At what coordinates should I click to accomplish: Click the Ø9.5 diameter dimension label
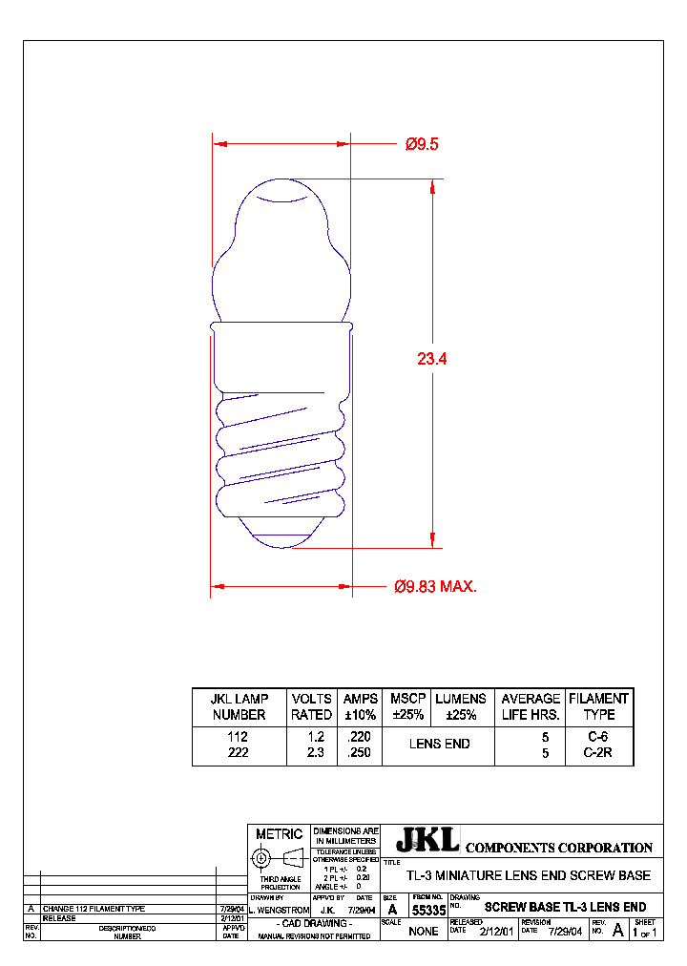[x=421, y=144]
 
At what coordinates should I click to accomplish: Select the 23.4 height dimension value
[x=431, y=359]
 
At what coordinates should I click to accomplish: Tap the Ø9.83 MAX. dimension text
[x=435, y=586]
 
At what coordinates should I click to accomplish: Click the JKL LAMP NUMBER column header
[x=239, y=706]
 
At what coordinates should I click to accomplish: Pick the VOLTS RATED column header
[x=312, y=706]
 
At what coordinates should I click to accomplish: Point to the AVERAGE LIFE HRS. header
[x=531, y=706]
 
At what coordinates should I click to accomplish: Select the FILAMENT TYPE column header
[x=598, y=706]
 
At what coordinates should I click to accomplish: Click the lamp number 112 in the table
[x=239, y=737]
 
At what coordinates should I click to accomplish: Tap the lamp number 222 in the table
[x=239, y=752]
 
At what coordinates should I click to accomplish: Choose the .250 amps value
[x=361, y=752]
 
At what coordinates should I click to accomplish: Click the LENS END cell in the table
[x=439, y=744]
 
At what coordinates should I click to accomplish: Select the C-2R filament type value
[x=598, y=752]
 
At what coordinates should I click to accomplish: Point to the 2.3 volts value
[x=316, y=752]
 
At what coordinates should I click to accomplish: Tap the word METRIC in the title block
[x=279, y=834]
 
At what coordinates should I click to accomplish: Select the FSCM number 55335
[x=427, y=911]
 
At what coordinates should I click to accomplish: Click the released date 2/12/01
[x=496, y=931]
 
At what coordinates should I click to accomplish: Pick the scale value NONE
[x=423, y=931]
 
